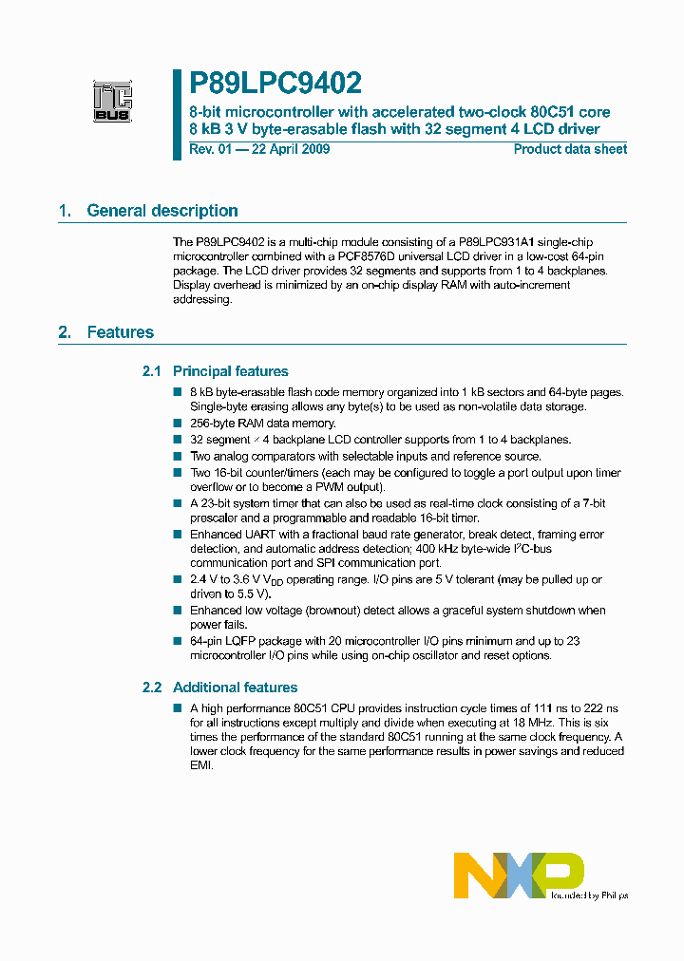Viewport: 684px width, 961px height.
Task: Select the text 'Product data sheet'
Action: click(x=570, y=149)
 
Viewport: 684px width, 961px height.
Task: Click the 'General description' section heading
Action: click(x=161, y=211)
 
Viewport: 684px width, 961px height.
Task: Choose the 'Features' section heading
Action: click(x=120, y=332)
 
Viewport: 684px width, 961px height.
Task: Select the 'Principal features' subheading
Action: click(x=230, y=371)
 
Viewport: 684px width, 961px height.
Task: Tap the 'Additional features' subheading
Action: click(x=235, y=688)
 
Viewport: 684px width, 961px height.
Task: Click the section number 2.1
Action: click(x=152, y=371)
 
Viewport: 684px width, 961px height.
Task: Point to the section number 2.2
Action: click(x=152, y=688)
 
